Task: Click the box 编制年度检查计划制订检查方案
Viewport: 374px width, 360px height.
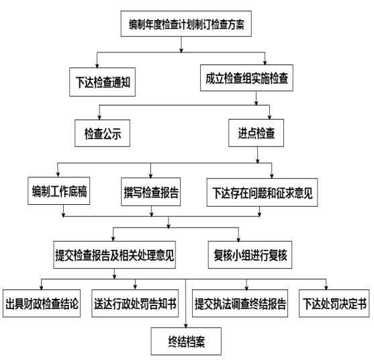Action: [x=186, y=24]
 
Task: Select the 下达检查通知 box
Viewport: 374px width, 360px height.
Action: [x=102, y=82]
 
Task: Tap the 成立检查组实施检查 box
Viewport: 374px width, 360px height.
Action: [x=246, y=78]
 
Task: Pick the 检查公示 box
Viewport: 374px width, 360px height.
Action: [x=102, y=133]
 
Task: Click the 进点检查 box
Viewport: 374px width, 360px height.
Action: [x=256, y=133]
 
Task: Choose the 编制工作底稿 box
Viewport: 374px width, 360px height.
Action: [x=59, y=191]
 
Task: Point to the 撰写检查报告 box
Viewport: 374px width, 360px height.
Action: [x=151, y=192]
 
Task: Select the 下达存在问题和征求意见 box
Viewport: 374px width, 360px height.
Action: [x=262, y=192]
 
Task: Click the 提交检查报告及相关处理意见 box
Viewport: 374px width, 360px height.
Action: [x=115, y=255]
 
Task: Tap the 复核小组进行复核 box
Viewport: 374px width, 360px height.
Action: [x=250, y=255]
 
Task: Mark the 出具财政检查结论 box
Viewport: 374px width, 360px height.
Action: [x=42, y=304]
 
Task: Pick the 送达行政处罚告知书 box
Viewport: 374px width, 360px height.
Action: [x=135, y=304]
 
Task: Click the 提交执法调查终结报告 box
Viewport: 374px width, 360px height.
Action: [x=240, y=304]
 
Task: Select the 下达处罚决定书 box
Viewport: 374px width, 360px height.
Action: [x=334, y=304]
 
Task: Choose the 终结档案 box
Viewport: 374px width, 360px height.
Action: [x=186, y=341]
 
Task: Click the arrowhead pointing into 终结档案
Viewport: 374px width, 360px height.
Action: [x=186, y=326]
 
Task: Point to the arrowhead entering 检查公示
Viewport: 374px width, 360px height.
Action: [x=99, y=118]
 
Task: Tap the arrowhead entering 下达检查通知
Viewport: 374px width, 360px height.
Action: [x=97, y=66]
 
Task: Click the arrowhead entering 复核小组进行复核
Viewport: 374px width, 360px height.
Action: [x=238, y=239]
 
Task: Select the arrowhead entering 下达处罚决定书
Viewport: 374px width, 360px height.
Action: [x=326, y=287]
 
